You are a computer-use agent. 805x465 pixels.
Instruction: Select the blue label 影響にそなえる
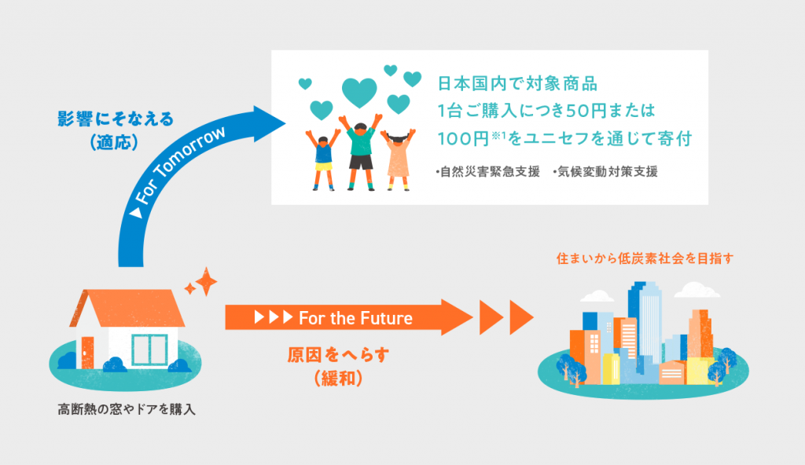(115, 119)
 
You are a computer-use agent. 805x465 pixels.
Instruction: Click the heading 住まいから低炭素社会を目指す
(645, 258)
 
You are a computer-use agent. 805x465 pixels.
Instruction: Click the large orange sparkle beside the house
(205, 281)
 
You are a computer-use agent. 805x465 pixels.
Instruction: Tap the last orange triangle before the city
(519, 318)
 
